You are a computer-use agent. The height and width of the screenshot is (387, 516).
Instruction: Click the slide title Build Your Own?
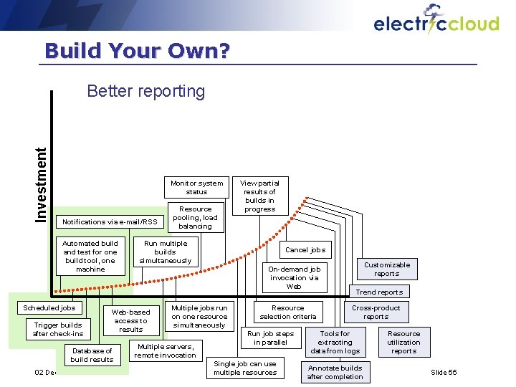pyautogui.click(x=137, y=51)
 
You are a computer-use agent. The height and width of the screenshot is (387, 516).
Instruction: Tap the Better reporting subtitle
pyautogui.click(x=145, y=91)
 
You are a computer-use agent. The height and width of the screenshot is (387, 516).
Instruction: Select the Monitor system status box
pyautogui.click(x=196, y=187)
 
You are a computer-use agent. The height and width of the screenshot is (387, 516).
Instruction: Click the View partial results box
pyautogui.click(x=259, y=196)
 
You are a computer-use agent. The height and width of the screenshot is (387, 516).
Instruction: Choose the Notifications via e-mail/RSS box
pyautogui.click(x=110, y=221)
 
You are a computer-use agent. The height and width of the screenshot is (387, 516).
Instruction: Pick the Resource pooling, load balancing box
pyautogui.click(x=195, y=218)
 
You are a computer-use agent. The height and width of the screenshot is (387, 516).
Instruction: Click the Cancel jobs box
pyautogui.click(x=305, y=249)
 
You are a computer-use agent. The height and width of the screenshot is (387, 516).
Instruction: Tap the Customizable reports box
pyautogui.click(x=386, y=269)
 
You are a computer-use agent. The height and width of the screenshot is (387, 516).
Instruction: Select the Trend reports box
pyautogui.click(x=379, y=292)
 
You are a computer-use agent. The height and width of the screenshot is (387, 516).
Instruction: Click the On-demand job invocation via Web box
pyautogui.click(x=294, y=277)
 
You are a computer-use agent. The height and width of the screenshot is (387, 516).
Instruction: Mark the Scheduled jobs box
pyautogui.click(x=49, y=307)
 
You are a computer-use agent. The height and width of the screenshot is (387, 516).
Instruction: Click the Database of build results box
pyautogui.click(x=92, y=355)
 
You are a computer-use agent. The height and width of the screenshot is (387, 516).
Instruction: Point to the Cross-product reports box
pyautogui.click(x=376, y=312)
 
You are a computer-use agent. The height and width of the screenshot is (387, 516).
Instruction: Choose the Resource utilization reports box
pyautogui.click(x=403, y=342)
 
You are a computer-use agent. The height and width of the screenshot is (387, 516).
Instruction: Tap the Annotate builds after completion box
pyautogui.click(x=335, y=372)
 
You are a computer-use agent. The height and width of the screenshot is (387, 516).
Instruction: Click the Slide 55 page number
pyautogui.click(x=444, y=372)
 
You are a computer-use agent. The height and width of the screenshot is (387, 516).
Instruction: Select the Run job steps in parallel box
pyautogui.click(x=270, y=338)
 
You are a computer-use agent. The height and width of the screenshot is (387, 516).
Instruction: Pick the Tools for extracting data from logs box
pyautogui.click(x=335, y=342)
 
